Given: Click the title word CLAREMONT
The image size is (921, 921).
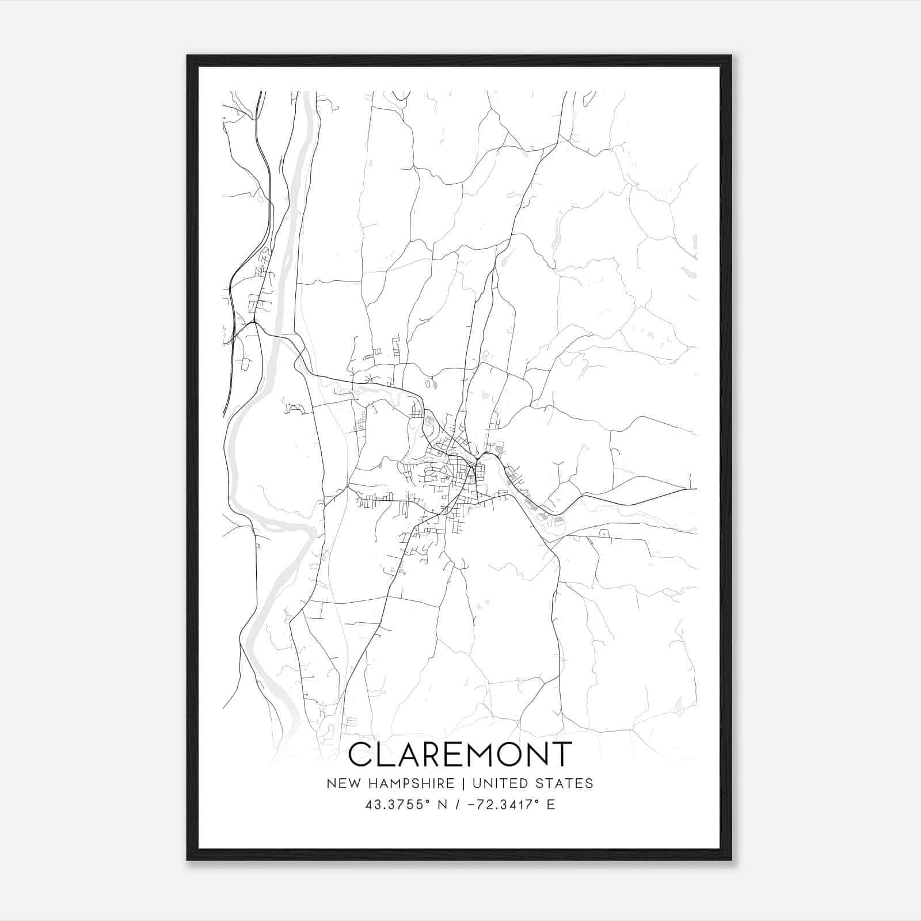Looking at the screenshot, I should coord(461,754).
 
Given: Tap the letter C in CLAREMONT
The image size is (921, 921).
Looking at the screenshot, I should coord(361,754).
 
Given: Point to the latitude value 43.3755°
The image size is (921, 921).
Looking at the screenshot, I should coord(397,805).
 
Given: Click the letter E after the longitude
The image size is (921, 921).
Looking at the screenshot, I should coord(551,805).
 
